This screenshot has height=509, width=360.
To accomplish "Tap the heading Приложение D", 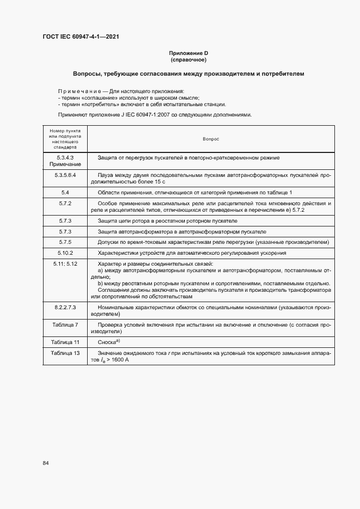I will (188, 53).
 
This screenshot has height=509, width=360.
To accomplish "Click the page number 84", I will (46, 463).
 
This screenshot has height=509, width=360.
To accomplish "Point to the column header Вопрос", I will (210, 139).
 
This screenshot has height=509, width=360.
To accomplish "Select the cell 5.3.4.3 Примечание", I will (65, 161).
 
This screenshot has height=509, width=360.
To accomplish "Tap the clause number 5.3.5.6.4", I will (65, 175).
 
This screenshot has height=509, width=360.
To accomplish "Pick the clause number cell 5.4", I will (65, 193).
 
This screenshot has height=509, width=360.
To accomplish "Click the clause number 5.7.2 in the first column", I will (65, 203).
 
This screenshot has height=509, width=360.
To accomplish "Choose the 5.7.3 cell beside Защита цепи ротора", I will (65, 220).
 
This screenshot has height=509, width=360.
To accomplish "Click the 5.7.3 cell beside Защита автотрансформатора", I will (65, 231).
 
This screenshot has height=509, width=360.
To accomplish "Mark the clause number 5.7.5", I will (65, 242).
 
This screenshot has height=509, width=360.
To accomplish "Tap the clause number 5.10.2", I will (65, 253).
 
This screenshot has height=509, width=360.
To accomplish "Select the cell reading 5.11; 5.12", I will (65, 263).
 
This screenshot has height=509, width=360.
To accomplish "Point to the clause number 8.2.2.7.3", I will (65, 308).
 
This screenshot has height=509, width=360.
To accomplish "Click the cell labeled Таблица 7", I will (65, 324).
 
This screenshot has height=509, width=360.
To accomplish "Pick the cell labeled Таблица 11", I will (65, 342).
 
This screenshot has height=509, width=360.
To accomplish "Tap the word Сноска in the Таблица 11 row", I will (108, 342).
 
